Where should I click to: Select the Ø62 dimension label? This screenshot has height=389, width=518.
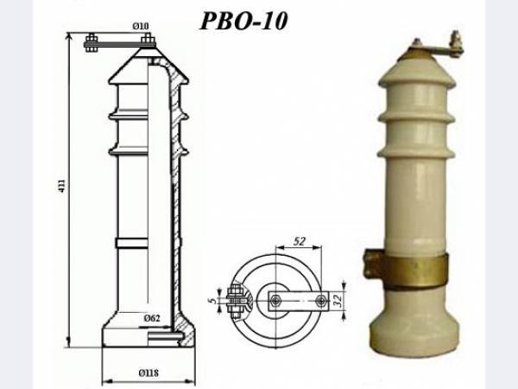point(151,318)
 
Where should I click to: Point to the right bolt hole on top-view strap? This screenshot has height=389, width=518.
point(321,300)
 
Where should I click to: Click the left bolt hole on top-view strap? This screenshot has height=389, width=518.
point(275,300)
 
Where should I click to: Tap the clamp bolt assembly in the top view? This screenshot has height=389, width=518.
point(234,299)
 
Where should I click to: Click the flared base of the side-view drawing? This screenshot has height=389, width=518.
point(147,333)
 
